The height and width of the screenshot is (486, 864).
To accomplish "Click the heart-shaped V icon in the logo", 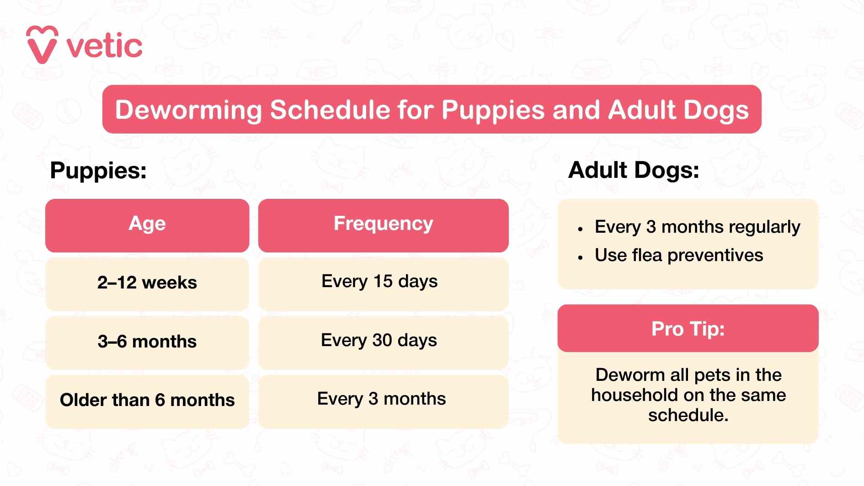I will click(42, 45).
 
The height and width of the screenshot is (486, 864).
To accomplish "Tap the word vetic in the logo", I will click(105, 47).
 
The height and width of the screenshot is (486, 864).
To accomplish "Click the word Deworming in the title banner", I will click(188, 110).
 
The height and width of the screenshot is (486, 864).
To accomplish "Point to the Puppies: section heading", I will click(98, 171).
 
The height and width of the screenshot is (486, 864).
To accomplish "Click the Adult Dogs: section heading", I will click(633, 170).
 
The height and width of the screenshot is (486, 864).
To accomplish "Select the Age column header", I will click(147, 224).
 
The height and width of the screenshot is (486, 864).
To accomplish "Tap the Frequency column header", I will click(383, 224).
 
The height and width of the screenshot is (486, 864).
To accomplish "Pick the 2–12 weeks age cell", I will click(147, 283).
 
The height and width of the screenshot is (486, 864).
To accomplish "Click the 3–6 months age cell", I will click(147, 342).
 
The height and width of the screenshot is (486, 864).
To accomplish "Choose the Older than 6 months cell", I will click(147, 400).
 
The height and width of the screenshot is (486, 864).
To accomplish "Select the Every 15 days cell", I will click(379, 281).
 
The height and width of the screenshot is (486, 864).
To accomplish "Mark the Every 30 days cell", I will click(379, 340).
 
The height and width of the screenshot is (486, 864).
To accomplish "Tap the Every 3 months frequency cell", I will click(381, 399).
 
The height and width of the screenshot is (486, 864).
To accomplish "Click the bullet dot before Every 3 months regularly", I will click(580, 229).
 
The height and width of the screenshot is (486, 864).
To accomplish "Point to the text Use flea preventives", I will click(679, 255).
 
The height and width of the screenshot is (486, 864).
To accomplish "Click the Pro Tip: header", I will click(688, 329).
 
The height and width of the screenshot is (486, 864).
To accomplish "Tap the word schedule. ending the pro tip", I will click(688, 415).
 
